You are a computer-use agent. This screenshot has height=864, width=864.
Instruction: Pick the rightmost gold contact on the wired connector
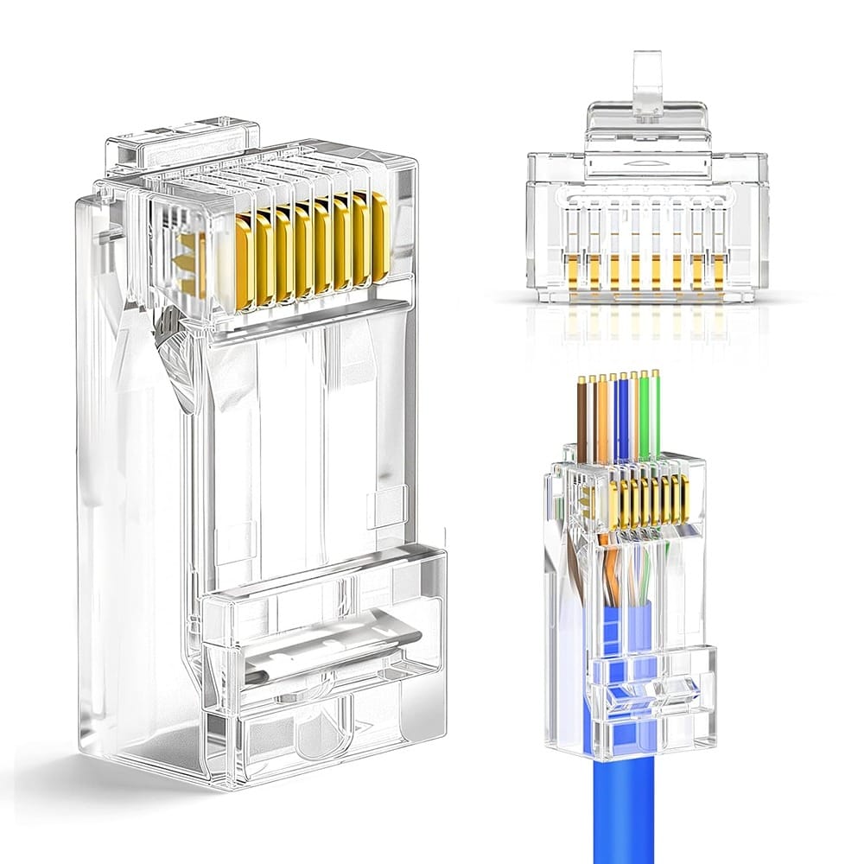pyautogui.click(x=685, y=498)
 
